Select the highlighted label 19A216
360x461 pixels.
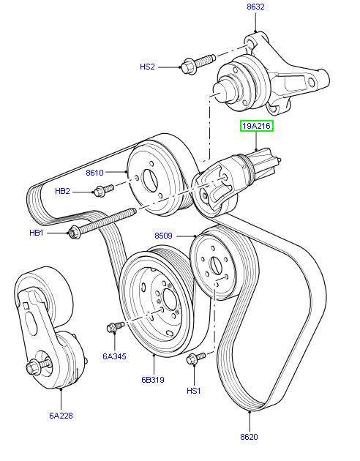point(258,127)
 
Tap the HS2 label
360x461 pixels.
point(148,67)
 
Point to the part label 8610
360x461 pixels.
point(95,174)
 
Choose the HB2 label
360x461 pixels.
point(63,192)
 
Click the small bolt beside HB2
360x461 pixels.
point(102,191)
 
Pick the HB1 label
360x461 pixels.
point(37,233)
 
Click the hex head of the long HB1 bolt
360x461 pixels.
point(74,233)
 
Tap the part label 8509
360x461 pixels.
point(165,236)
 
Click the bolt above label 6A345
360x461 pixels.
point(114,326)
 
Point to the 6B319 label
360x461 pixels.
point(154,381)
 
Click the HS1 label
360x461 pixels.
point(194,391)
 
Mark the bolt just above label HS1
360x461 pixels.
point(195,359)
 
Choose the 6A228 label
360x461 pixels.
point(61,415)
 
